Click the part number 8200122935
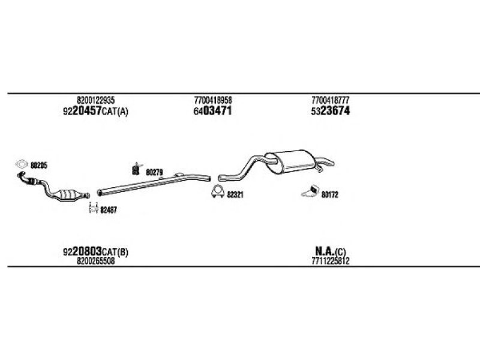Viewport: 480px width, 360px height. tap(96, 100)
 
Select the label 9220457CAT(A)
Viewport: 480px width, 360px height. tap(95, 111)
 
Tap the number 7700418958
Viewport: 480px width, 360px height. tap(213, 100)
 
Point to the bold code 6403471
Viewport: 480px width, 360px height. tap(212, 111)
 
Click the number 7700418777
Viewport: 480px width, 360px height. tap(331, 100)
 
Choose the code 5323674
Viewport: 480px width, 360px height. tap(330, 111)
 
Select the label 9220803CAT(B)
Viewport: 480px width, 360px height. tap(95, 251)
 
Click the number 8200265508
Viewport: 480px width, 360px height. tap(96, 261)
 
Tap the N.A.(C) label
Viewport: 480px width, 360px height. tap(331, 251)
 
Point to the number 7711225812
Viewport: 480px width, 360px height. tap(331, 261)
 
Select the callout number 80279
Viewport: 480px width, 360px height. tap(154, 173)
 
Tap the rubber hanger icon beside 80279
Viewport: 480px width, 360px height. tap(136, 169)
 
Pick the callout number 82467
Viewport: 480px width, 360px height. tap(109, 210)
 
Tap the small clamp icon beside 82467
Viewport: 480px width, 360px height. tap(93, 208)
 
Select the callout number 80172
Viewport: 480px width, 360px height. tap(329, 194)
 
